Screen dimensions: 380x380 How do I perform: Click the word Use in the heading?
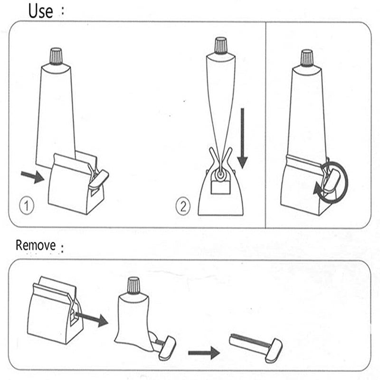click(x=40, y=10)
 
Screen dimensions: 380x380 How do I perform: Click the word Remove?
click(x=36, y=246)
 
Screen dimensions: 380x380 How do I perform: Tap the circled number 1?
click(x=27, y=206)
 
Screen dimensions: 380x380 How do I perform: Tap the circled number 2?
click(x=183, y=206)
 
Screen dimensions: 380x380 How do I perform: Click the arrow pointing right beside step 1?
click(x=32, y=177)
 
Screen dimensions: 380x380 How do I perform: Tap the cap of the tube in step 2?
click(x=220, y=46)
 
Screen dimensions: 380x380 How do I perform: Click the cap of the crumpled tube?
click(x=133, y=285)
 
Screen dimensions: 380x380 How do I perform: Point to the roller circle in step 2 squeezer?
click(x=220, y=176)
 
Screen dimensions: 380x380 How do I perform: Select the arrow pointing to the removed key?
click(x=203, y=352)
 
